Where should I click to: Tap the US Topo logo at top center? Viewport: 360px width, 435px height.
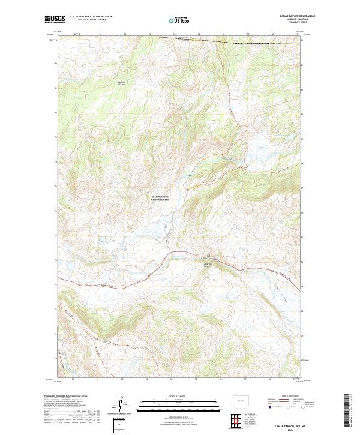pos(180,20)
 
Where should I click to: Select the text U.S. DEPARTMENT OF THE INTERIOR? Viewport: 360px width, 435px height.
pos(91,17)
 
